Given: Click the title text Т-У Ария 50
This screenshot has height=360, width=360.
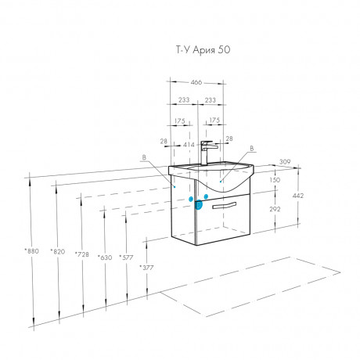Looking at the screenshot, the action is pos(203,50).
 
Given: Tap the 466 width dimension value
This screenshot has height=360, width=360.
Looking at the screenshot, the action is pos(196,82).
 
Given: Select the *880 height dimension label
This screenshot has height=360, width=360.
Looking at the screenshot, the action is pos(32,251).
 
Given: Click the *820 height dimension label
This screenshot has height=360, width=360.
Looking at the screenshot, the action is pos(58,251).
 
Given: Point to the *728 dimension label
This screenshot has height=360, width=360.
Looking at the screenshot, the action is pos(82,254).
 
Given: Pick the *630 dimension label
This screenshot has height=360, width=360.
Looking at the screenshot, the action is pos(105,257).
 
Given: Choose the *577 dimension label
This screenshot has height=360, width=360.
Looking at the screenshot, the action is pos(126,257).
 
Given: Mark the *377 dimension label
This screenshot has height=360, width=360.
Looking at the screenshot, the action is pos(146,268).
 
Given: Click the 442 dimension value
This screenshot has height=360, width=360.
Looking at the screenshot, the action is pos(298,196).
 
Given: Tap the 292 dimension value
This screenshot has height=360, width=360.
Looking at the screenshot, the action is pos(275,209).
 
